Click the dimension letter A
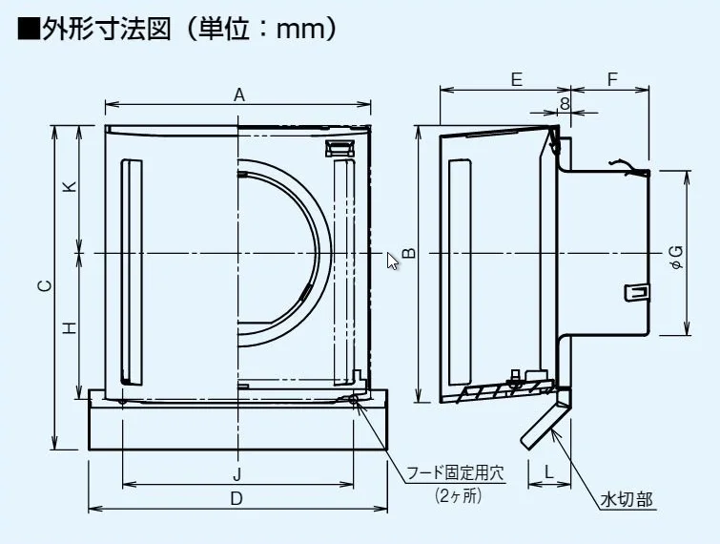239,94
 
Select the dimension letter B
407,253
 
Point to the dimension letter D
237,498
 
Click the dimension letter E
516,80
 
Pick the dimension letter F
611,80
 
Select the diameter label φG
676,254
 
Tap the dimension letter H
70,327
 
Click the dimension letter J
237,473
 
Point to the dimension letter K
70,187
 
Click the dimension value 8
565,102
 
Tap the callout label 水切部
627,500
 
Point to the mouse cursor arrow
392,261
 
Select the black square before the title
28,30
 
